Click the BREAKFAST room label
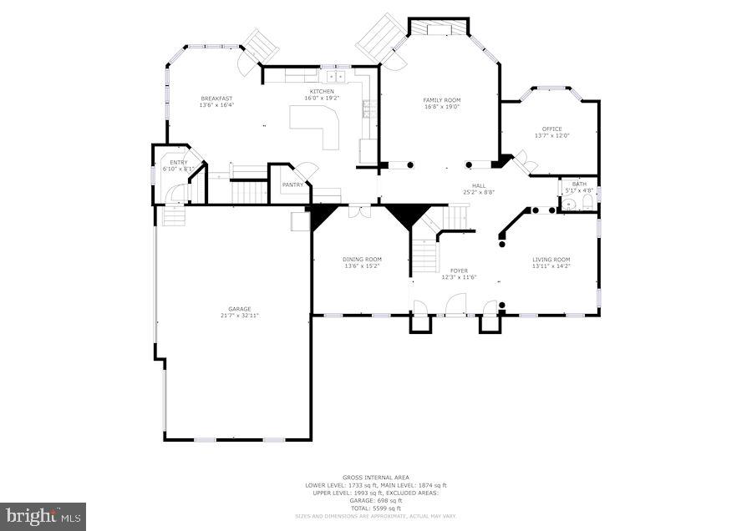pyautogui.click(x=216, y=99)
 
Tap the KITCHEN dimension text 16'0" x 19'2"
pyautogui.click(x=322, y=98)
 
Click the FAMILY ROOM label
pyautogui.click(x=442, y=100)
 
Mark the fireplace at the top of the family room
pyautogui.click(x=439, y=29)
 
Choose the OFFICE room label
pyautogui.click(x=551, y=129)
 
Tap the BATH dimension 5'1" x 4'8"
pyautogui.click(x=579, y=190)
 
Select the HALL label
pyautogui.click(x=478, y=186)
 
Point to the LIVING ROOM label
pyautogui.click(x=551, y=260)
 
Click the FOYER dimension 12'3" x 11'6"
pyautogui.click(x=459, y=277)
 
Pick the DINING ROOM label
pyautogui.click(x=362, y=260)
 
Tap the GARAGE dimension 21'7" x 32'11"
pyautogui.click(x=240, y=316)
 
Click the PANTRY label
pyautogui.click(x=292, y=185)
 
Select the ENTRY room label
pyautogui.click(x=179, y=163)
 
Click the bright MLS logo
pyautogui.click(x=43, y=516)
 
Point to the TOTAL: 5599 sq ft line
pyautogui.click(x=375, y=508)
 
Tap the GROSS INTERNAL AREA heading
pyautogui.click(x=375, y=478)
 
